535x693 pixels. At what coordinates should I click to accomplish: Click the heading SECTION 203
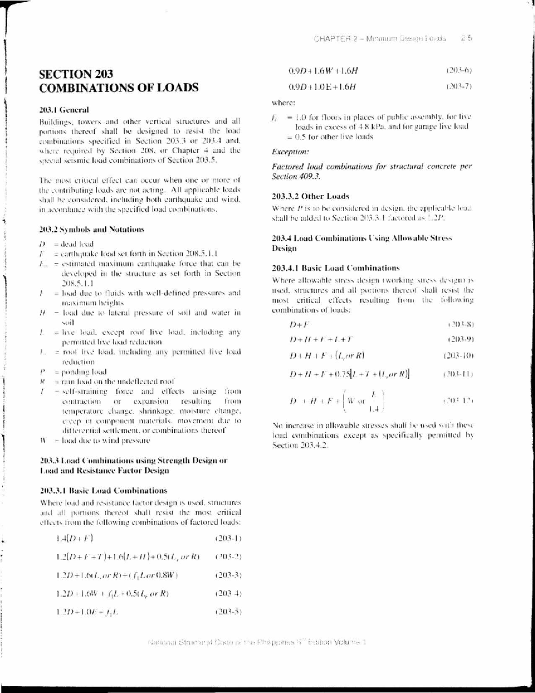[76, 74]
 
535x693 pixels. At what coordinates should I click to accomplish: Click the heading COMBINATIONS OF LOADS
[119, 87]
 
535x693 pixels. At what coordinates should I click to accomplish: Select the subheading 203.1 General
[64, 110]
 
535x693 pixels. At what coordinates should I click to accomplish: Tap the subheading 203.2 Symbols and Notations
[92, 229]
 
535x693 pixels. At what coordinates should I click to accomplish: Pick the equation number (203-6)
[459, 71]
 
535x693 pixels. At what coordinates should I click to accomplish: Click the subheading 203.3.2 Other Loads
[310, 196]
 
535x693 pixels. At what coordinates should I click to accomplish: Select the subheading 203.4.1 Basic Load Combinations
[336, 268]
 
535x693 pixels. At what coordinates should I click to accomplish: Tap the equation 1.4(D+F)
[74, 539]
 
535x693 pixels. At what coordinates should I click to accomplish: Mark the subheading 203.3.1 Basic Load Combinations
[103, 491]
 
